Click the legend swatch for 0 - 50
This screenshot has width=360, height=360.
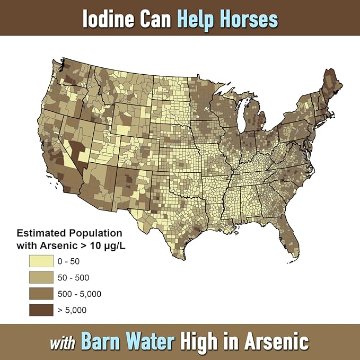[41, 261]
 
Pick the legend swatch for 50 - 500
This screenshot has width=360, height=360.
[41, 277]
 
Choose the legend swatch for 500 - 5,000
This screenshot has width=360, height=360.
[41, 294]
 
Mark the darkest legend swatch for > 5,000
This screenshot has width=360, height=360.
[41, 310]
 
